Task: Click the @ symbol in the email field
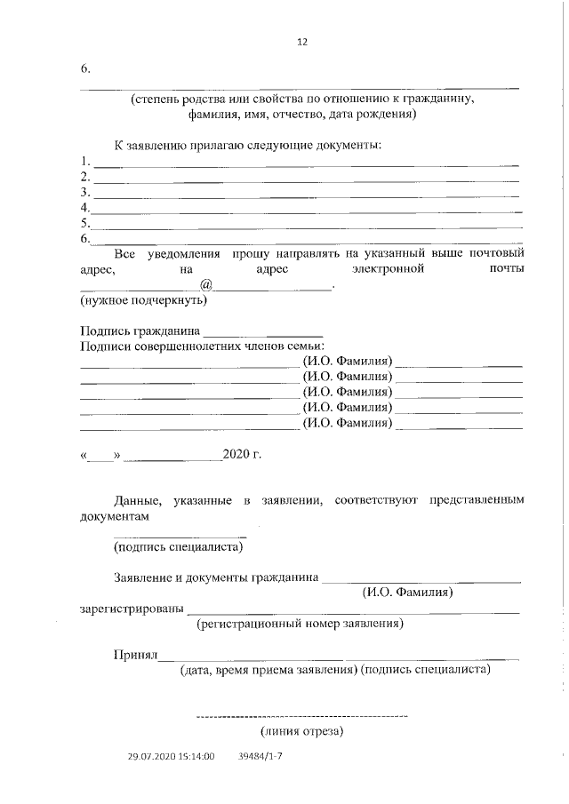click(205, 285)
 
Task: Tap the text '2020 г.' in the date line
click(242, 457)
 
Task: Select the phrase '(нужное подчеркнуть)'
click(143, 300)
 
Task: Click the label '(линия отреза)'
click(301, 733)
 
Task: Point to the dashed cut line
click(301, 715)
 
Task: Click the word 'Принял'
click(135, 656)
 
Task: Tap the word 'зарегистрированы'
click(132, 609)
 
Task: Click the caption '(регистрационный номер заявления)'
click(301, 624)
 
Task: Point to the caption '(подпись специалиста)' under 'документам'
click(179, 547)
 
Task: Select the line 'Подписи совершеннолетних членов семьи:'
click(203, 346)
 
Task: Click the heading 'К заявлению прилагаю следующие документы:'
click(247, 145)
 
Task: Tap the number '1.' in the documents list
click(85, 162)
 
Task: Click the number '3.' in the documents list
click(85, 193)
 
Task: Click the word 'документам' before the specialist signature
click(115, 515)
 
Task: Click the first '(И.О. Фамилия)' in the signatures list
click(348, 362)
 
